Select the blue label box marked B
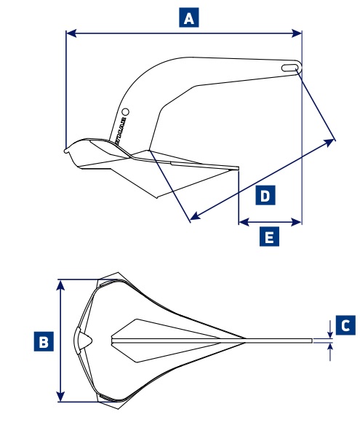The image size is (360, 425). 44,341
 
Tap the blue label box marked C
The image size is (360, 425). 345,325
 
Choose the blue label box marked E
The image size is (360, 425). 270,237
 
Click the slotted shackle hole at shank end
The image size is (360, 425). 289,67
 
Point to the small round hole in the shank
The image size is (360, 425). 125,112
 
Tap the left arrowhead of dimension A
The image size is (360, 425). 69,32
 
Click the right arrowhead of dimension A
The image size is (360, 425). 298,32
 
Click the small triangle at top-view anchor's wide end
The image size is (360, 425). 83,339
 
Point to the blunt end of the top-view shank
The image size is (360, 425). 311,340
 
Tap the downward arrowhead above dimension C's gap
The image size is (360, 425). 331,333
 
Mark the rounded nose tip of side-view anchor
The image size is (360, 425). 66,151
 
